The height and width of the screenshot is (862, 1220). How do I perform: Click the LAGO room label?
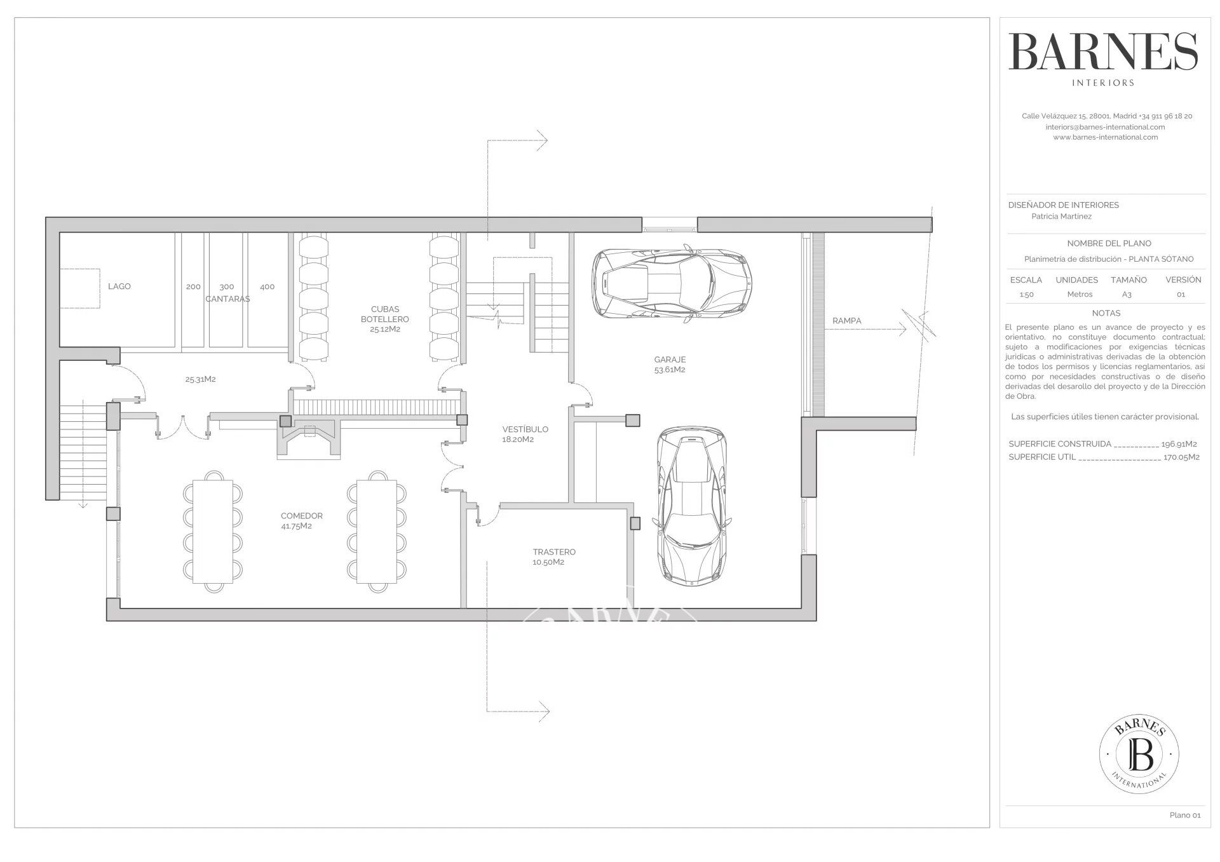pyautogui.click(x=119, y=286)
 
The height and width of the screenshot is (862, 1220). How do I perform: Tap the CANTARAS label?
pyautogui.click(x=227, y=299)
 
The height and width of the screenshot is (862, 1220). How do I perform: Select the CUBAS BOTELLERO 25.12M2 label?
pyautogui.click(x=385, y=320)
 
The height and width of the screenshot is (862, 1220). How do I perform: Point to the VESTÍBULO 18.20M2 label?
pyautogui.click(x=525, y=434)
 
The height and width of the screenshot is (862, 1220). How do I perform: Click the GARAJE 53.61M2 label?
pyautogui.click(x=670, y=365)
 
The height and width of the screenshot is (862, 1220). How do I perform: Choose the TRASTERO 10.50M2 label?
pyautogui.click(x=554, y=557)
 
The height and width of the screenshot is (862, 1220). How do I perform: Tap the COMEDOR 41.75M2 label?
pyautogui.click(x=302, y=521)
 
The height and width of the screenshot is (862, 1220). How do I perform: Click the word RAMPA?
pyautogui.click(x=847, y=321)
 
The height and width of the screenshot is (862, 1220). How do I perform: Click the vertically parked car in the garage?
pyautogui.click(x=691, y=506)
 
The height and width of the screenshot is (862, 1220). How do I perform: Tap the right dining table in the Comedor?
pyautogui.click(x=377, y=528)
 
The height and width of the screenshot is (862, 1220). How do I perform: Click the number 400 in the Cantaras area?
pyautogui.click(x=268, y=286)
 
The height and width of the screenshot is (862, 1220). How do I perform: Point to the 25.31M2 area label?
pyautogui.click(x=201, y=379)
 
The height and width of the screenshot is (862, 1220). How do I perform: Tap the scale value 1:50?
pyautogui.click(x=1026, y=294)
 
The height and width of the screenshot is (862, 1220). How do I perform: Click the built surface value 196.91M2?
pyautogui.click(x=1179, y=444)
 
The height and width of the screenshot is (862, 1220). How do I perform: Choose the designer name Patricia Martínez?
pyautogui.click(x=1062, y=217)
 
